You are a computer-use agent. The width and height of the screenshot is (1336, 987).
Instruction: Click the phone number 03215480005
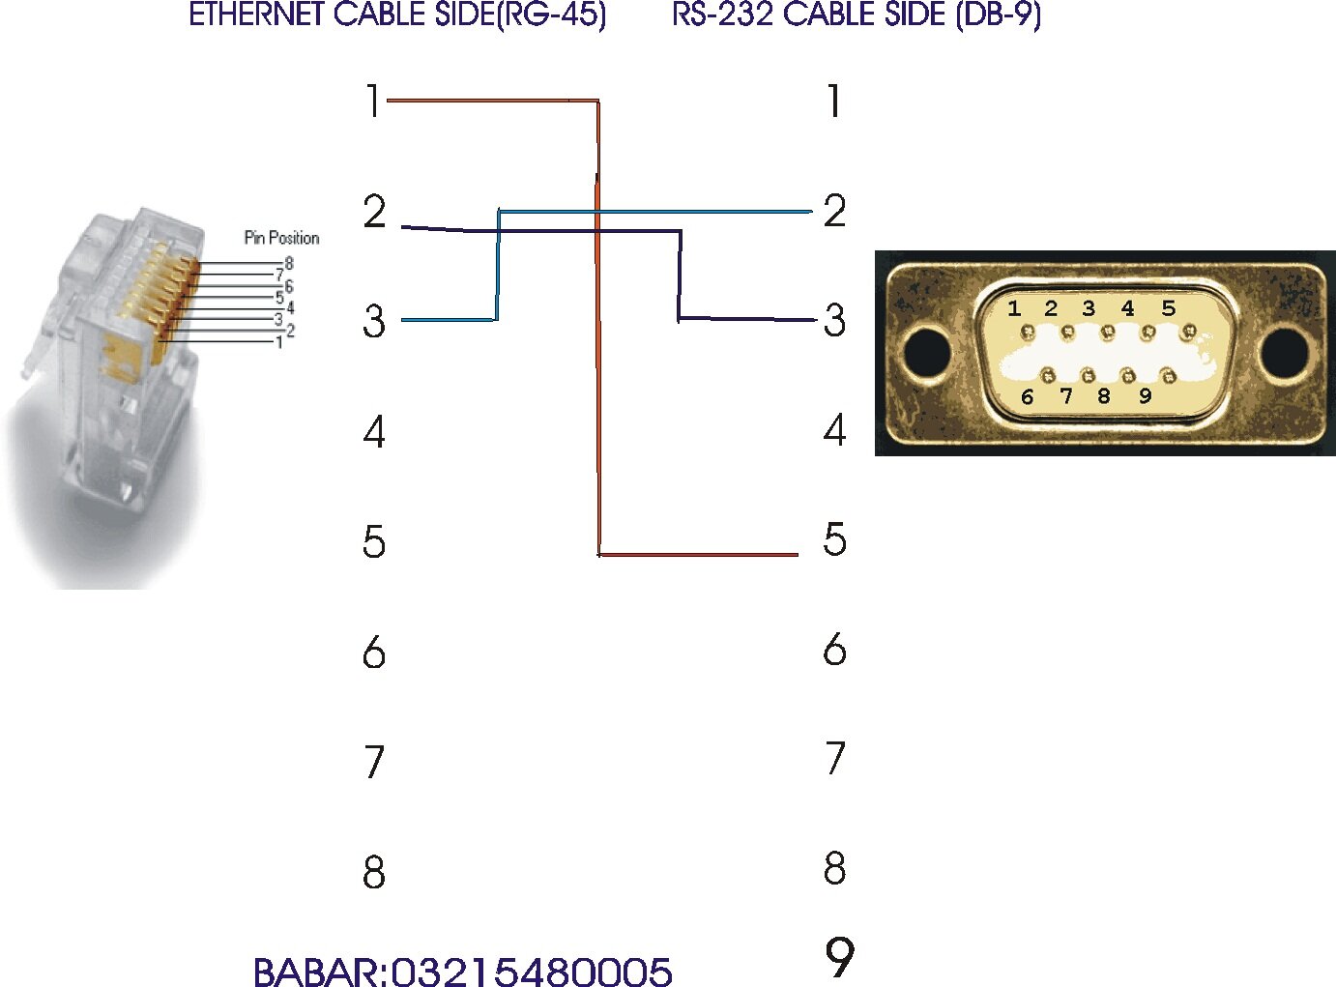click(532, 972)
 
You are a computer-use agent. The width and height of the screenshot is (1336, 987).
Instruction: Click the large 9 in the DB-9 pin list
click(839, 956)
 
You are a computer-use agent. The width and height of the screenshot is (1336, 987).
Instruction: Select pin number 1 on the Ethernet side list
click(373, 101)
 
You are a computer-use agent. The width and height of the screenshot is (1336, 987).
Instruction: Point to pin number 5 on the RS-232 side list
click(834, 539)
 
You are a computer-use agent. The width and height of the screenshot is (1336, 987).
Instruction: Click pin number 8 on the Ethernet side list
click(374, 872)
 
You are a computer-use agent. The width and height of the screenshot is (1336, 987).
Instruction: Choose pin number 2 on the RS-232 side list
click(834, 211)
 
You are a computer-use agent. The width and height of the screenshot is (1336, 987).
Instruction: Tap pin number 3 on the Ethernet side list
click(374, 321)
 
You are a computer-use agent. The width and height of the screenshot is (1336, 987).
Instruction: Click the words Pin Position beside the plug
click(281, 238)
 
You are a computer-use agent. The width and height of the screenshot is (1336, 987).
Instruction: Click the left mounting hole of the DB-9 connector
click(927, 353)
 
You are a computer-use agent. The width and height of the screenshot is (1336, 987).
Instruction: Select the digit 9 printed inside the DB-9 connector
click(1145, 395)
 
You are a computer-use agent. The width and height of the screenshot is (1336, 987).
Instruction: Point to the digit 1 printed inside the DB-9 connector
click(1014, 308)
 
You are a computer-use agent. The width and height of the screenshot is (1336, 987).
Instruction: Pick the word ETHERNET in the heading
click(256, 15)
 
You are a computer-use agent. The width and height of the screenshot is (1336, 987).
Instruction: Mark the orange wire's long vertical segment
click(598, 329)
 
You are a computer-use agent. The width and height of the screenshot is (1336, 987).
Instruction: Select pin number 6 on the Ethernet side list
click(374, 653)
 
